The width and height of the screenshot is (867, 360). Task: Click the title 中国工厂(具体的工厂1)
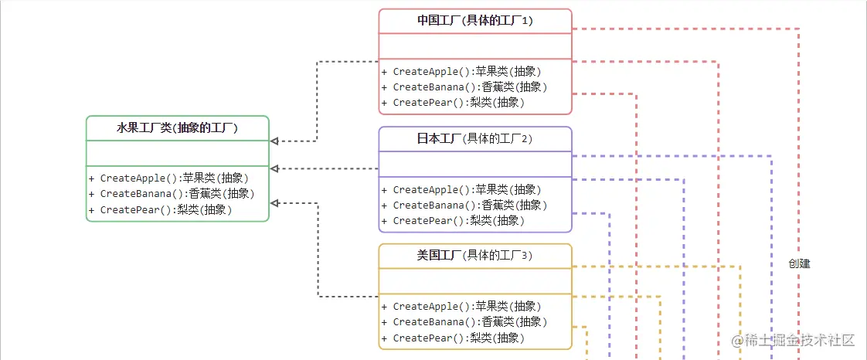point(474,21)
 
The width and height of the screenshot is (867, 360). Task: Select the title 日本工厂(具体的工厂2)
point(474,139)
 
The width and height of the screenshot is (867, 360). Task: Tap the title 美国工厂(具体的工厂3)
point(474,256)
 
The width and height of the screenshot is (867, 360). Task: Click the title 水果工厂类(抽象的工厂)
point(177,128)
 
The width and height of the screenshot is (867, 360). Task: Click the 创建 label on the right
point(799,263)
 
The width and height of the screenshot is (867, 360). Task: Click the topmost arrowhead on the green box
point(274,141)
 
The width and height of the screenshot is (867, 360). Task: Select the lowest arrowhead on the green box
point(274,203)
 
